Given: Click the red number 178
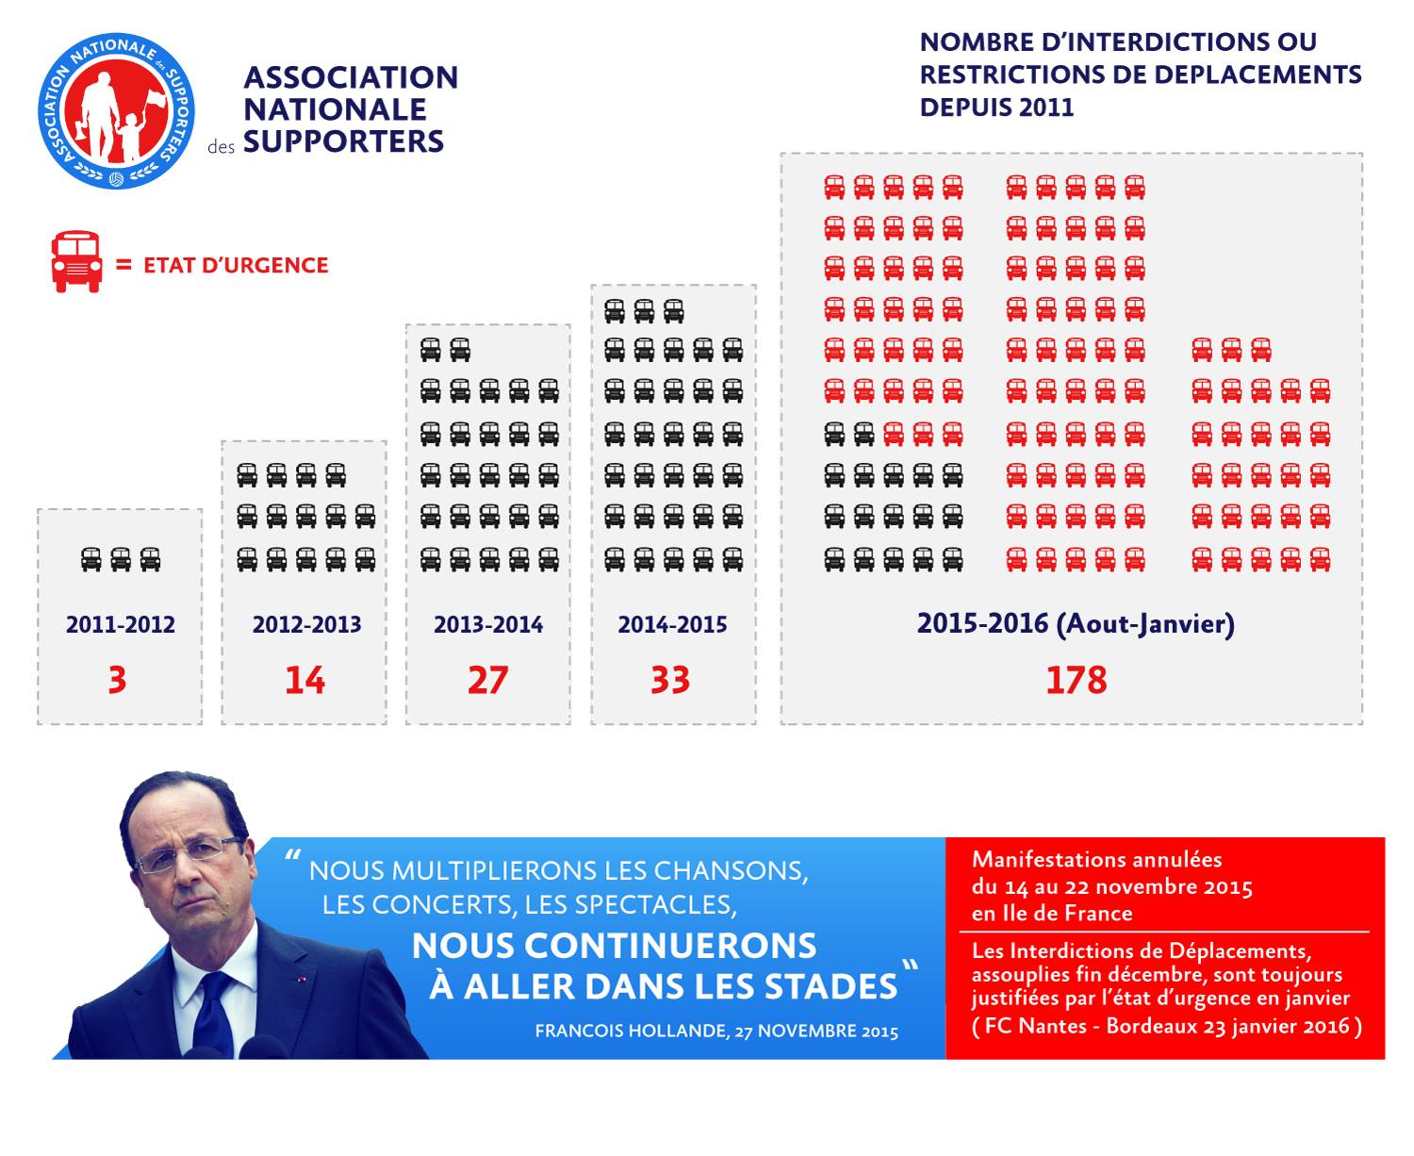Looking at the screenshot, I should pyautogui.click(x=1076, y=680).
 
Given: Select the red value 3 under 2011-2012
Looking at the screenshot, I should pyautogui.click(x=117, y=680).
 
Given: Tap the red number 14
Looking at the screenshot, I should pyautogui.click(x=304, y=680).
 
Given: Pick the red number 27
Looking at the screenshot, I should pyautogui.click(x=487, y=680).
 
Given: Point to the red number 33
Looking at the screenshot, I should pyautogui.click(x=670, y=680).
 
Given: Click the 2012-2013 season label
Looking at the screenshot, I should pyautogui.click(x=306, y=624).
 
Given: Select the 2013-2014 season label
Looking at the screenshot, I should pyautogui.click(x=488, y=624).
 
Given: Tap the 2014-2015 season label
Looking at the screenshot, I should pyautogui.click(x=672, y=624).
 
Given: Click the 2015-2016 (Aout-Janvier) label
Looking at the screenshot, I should pyautogui.click(x=1076, y=623).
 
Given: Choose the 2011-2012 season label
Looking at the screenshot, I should pyautogui.click(x=121, y=624).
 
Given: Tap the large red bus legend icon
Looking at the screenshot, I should pyautogui.click(x=76, y=263).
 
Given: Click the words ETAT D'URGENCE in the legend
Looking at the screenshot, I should pyautogui.click(x=236, y=265).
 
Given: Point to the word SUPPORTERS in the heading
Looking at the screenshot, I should pyautogui.click(x=343, y=141).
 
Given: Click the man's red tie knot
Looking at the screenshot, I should pyautogui.click(x=213, y=983).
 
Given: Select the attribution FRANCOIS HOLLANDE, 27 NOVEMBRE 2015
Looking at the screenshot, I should pyautogui.click(x=716, y=1031).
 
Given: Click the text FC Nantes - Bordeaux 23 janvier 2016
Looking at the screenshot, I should pyautogui.click(x=1166, y=1026).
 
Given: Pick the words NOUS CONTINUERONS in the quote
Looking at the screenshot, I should pyautogui.click(x=614, y=946).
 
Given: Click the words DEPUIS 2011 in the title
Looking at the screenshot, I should pyautogui.click(x=996, y=107).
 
